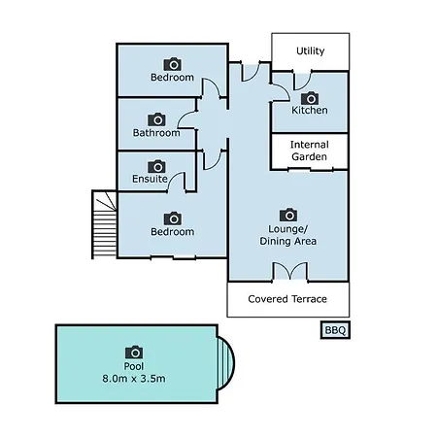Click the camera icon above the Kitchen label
(x=310, y=98)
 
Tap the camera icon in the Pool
(x=134, y=353)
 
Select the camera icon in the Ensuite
(x=156, y=166)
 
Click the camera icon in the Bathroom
(x=156, y=119)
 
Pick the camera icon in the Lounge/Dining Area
(x=288, y=215)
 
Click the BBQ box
(x=335, y=330)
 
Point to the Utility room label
(x=311, y=51)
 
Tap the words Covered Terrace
(x=287, y=299)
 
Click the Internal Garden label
(x=310, y=151)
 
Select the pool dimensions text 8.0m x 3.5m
(x=134, y=378)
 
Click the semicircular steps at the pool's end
(x=225, y=363)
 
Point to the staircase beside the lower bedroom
(x=104, y=224)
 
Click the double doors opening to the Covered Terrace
(x=290, y=271)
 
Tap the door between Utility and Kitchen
(x=303, y=80)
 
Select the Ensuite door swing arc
(x=177, y=182)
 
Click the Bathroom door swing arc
(x=186, y=119)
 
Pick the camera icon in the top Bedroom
(x=173, y=64)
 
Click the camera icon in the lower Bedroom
(x=173, y=218)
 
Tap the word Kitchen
(x=310, y=110)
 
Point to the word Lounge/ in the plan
(x=287, y=229)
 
